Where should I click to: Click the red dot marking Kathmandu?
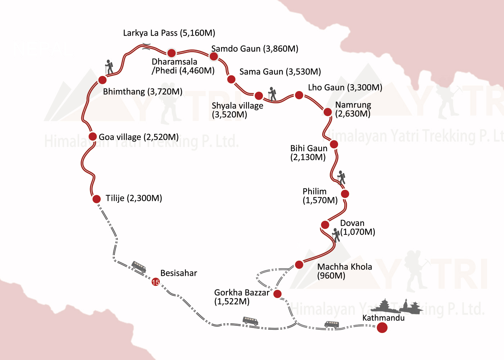click(x=382, y=328)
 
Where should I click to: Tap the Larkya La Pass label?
click(x=169, y=33)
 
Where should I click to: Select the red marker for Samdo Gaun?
click(x=213, y=56)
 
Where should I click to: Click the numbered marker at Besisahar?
click(x=156, y=282)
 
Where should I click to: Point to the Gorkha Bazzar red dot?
click(x=277, y=294)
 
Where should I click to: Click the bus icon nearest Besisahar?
click(x=139, y=267)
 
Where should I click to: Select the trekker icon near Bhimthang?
click(x=109, y=67)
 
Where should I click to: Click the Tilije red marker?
click(x=96, y=199)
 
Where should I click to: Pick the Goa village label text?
click(x=139, y=137)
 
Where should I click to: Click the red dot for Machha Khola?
click(x=299, y=265)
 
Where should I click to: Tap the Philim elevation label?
click(x=320, y=200)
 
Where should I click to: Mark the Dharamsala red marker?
click(x=171, y=53)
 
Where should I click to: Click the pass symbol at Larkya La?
click(x=146, y=45)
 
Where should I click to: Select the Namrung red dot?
click(x=327, y=112)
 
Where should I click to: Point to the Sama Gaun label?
click(x=280, y=72)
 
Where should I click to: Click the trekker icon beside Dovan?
click(x=336, y=235)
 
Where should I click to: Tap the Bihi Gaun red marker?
click(x=334, y=144)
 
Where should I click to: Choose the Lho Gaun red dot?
click(x=299, y=95)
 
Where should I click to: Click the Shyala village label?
click(x=237, y=110)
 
